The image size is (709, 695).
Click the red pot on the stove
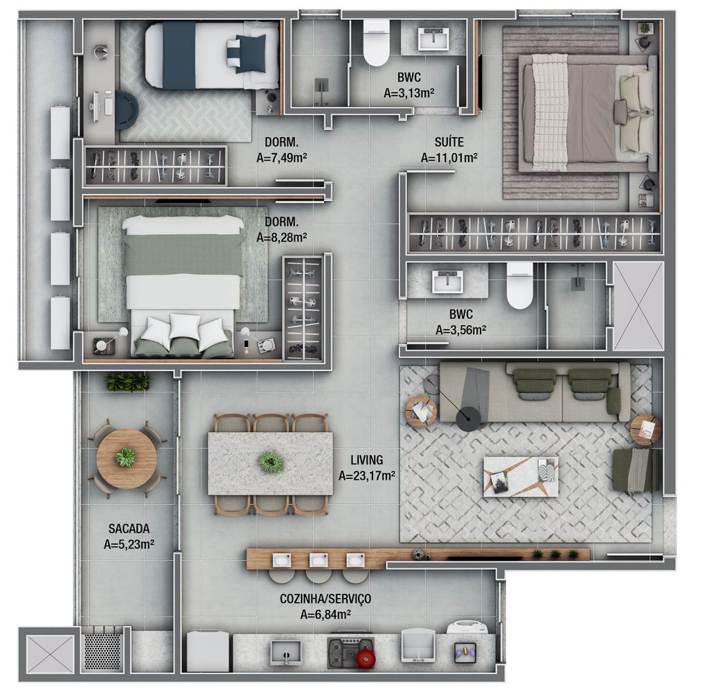pos(366,658)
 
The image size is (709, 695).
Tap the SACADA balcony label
pos(129,528)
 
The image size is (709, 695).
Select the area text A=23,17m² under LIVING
pos(367,476)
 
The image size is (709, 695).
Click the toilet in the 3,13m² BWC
pos(376,42)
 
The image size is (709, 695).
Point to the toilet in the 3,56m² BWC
pos(519,285)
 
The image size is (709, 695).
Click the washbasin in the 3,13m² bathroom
pos(434,39)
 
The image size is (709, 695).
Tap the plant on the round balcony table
pos(126,457)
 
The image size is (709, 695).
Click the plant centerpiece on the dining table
pos(271,462)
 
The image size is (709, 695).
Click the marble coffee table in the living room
pos(521,476)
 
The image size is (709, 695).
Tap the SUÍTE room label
pos(449,142)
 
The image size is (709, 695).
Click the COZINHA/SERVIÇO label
pos(325,599)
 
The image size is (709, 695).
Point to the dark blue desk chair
pos(127,109)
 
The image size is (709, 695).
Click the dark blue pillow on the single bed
pos(251,53)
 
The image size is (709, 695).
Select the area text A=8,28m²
pos(282,237)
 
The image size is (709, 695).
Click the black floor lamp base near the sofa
pos(468,419)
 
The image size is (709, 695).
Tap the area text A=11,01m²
pos(449,158)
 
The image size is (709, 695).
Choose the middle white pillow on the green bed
pos(184,326)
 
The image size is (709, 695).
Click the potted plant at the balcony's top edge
pos(127,382)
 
